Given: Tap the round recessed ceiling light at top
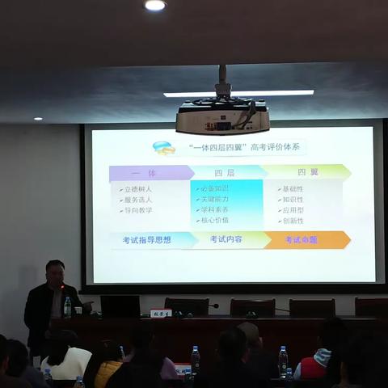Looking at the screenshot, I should tap(155, 5).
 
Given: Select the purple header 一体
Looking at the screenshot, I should tap(149, 172).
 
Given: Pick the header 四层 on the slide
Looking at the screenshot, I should tap(224, 172).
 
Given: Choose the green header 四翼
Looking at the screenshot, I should tap(307, 172).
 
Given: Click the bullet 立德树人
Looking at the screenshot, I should tap(137, 189).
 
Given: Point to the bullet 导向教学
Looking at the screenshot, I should tap(137, 210).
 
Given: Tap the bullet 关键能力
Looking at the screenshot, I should tap(215, 199).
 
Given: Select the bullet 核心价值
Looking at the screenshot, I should tap(215, 220).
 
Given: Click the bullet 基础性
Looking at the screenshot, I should tap(292, 189).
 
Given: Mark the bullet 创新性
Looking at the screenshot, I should tap(292, 220).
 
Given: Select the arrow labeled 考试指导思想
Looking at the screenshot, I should tap(148, 240).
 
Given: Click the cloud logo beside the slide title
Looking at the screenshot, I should tap(164, 148).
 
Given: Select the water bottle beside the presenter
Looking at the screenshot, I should tap(68, 306).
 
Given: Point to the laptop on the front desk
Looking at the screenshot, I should tap(120, 306).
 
